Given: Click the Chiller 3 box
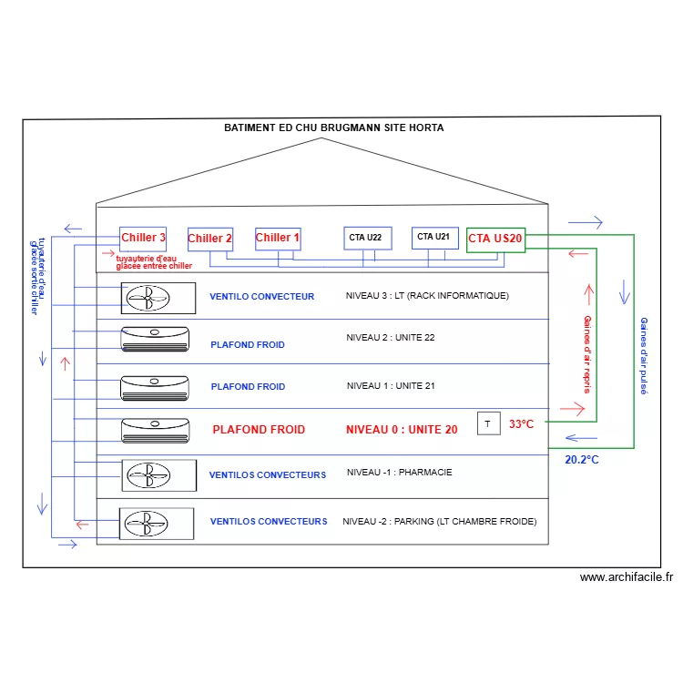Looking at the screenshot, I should click(144, 239).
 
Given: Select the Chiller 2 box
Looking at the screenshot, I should click(210, 240).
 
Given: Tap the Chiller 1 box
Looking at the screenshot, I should click(278, 239).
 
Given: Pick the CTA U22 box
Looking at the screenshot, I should click(368, 239).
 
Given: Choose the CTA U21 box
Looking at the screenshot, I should click(433, 238).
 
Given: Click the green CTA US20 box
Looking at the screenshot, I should click(495, 239).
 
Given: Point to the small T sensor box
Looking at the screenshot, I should click(488, 423).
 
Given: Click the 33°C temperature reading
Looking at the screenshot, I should click(521, 424).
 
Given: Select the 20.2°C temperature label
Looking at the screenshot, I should click(582, 460).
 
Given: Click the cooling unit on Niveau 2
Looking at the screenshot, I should click(155, 339).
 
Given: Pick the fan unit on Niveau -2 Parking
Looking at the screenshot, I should click(157, 523).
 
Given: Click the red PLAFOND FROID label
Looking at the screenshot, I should click(259, 429).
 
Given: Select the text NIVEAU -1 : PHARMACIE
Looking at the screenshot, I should click(399, 473).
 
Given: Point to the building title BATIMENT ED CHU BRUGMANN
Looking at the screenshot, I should click(334, 127).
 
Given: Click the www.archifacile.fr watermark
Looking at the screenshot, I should click(627, 576).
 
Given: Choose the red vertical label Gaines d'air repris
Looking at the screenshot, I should click(586, 354).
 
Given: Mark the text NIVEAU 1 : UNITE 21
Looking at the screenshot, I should click(391, 386).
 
